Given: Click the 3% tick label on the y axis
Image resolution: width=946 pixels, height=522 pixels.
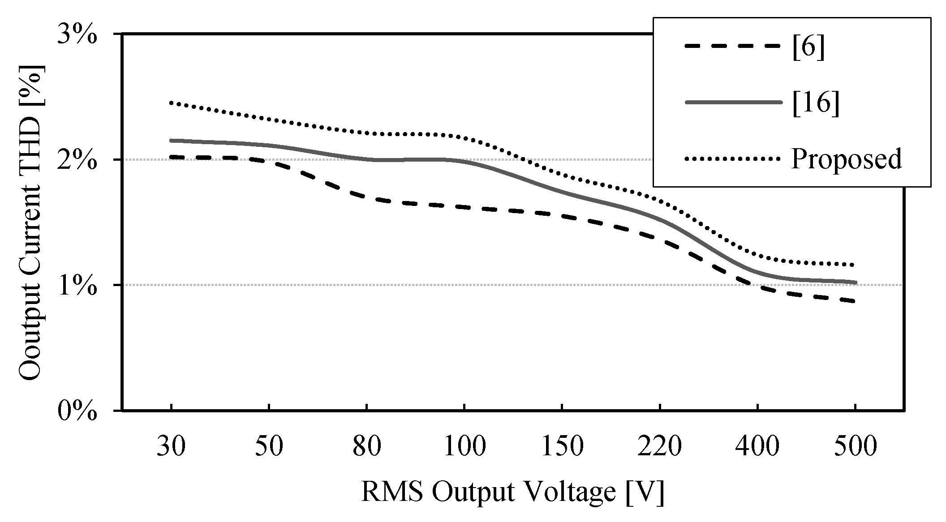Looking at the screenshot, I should pyautogui.click(x=77, y=34).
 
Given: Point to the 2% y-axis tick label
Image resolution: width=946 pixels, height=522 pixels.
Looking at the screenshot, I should pyautogui.click(x=77, y=160).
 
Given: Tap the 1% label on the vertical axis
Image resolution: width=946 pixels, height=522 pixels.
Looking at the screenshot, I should pyautogui.click(x=77, y=285).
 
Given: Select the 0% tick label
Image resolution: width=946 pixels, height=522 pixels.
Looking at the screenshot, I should pyautogui.click(x=77, y=411).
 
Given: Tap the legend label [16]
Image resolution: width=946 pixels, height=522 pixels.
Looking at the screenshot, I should pyautogui.click(x=815, y=103).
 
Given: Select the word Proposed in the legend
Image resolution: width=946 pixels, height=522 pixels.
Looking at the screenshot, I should pyautogui.click(x=846, y=159).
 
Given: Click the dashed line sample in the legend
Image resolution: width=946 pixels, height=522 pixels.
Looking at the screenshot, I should pyautogui.click(x=733, y=46).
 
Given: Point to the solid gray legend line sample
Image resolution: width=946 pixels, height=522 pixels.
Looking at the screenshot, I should pyautogui.click(x=733, y=102).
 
